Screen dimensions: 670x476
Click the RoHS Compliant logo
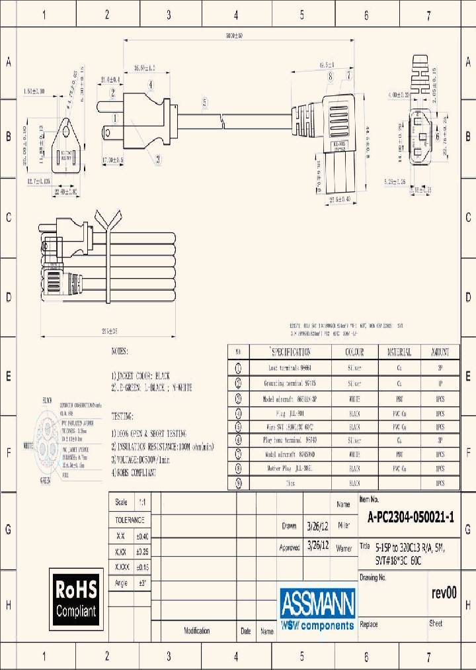[x=76, y=598]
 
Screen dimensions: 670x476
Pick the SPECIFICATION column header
[x=290, y=352]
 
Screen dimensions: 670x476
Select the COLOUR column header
[x=354, y=352]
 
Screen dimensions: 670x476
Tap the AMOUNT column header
[x=440, y=352]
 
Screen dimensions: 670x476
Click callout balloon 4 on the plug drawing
[x=151, y=85]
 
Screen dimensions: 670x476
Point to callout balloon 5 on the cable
[x=205, y=101]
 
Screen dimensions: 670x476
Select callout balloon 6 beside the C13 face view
[x=438, y=136]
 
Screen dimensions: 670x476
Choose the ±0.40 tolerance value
[x=141, y=536]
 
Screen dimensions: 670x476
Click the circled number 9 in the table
[x=238, y=483]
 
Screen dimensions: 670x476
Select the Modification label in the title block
[x=196, y=631]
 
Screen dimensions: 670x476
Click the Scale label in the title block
[x=121, y=502]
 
